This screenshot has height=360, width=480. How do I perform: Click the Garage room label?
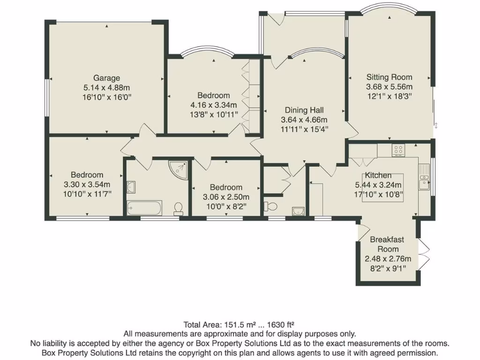click(106, 78)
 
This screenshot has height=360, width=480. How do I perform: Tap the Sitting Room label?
click(389, 77)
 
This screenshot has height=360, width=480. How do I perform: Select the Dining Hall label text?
click(302, 110)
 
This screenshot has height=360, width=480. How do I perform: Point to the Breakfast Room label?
click(387, 244)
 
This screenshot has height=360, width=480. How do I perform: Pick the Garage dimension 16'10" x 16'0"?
click(106, 97)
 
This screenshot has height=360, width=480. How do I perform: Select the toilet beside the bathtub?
click(178, 208)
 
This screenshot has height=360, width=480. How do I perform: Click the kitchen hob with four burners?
click(398, 150)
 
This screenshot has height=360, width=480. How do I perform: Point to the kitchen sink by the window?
click(425, 180)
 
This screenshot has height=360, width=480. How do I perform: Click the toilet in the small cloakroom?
click(269, 206)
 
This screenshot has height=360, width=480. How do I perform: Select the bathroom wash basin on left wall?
click(131, 187)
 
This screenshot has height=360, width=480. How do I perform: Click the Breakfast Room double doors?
click(423, 253)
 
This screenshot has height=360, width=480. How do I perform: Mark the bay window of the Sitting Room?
click(390, 8)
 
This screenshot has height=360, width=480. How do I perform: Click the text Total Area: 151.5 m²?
click(214, 324)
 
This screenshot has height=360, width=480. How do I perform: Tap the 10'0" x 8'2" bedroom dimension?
click(226, 205)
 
